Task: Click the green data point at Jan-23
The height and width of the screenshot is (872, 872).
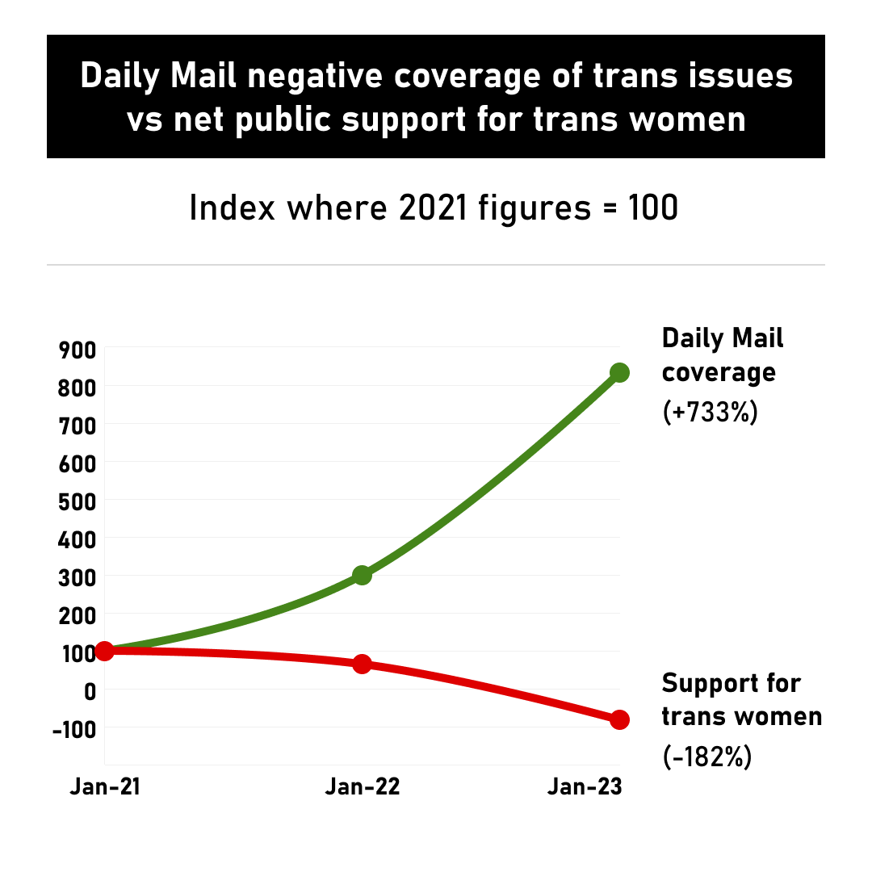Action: pos(619,373)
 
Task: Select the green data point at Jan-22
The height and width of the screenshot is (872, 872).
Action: pos(362,575)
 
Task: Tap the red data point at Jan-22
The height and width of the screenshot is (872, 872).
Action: pos(362,664)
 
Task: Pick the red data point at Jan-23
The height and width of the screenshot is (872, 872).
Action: pos(619,719)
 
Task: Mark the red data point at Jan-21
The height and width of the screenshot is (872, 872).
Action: pos(104,651)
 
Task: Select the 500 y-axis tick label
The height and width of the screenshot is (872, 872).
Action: pos(78,501)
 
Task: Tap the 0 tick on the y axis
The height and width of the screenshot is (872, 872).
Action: pos(89,690)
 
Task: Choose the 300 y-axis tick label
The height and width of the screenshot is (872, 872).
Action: pos(78,576)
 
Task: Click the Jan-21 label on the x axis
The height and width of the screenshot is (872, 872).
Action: pos(105,787)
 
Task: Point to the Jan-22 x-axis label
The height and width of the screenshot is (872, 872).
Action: pos(363,787)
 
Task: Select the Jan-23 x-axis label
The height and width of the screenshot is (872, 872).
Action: pos(585,787)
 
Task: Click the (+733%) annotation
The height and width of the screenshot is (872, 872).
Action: pos(710,413)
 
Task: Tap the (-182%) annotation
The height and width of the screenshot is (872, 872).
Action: pos(707,757)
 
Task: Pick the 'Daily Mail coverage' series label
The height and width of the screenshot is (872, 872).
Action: pos(722,355)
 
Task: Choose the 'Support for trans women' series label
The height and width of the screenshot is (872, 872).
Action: pos(740,699)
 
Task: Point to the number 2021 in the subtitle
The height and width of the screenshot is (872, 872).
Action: pos(433,208)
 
